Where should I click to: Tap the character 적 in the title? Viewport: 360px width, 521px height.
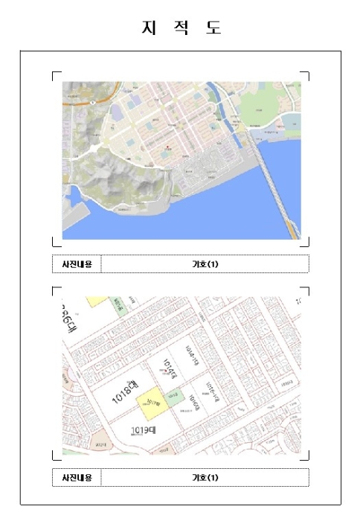(x=181, y=28)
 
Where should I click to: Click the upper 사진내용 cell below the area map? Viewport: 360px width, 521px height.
(x=77, y=264)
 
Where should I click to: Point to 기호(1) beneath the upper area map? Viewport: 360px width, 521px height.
(x=205, y=264)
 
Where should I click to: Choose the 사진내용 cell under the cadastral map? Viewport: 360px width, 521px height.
(x=77, y=477)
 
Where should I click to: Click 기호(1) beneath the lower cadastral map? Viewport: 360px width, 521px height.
(x=205, y=477)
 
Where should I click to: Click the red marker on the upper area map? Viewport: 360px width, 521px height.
(x=168, y=144)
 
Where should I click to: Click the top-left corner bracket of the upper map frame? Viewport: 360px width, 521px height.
(x=54, y=74)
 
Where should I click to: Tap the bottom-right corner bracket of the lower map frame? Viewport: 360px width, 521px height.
(x=306, y=458)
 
